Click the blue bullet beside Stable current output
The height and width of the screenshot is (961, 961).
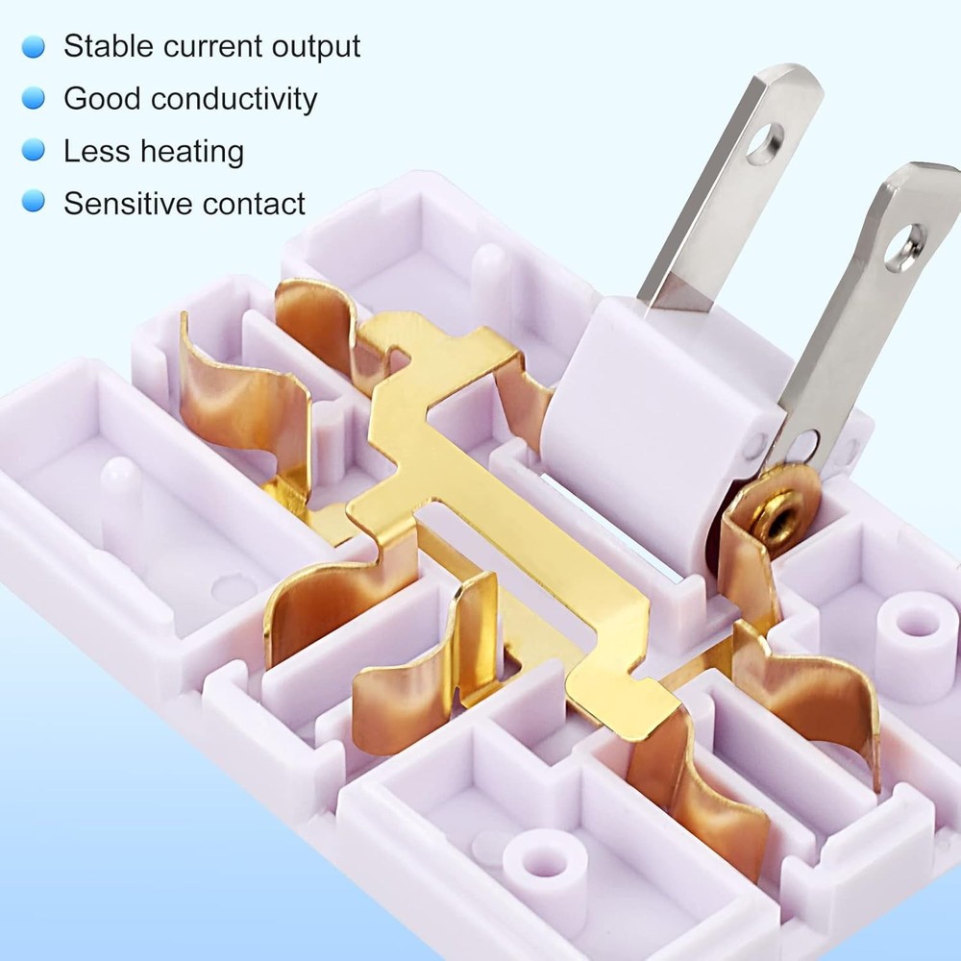[34, 46]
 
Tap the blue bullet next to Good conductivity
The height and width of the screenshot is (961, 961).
[34, 98]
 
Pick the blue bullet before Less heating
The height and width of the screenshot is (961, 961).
[34, 151]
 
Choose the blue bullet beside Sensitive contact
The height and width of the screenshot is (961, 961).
[34, 203]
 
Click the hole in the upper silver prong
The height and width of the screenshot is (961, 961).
[764, 143]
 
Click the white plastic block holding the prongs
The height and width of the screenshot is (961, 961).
[653, 423]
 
